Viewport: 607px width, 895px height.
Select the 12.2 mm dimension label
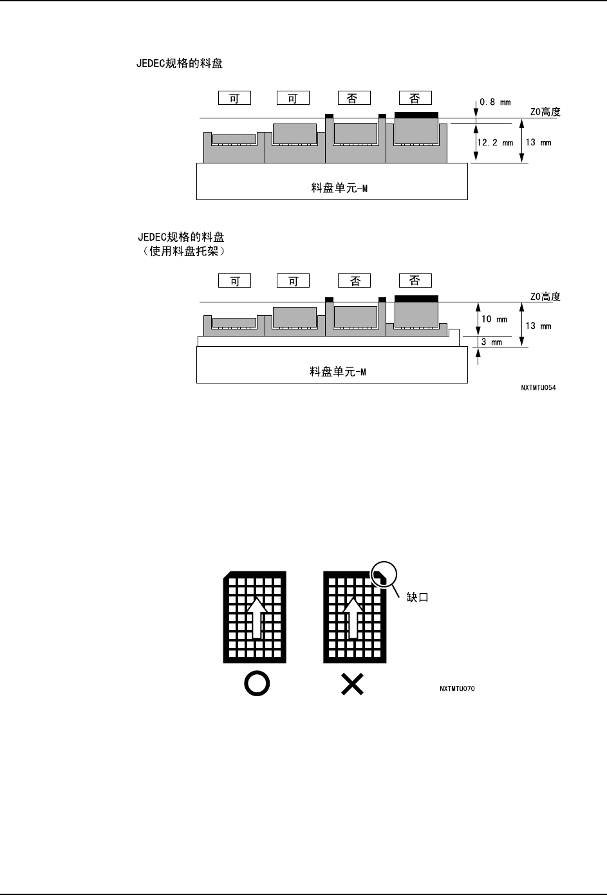pyautogui.click(x=493, y=142)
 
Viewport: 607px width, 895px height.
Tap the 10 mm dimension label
pyautogui.click(x=494, y=319)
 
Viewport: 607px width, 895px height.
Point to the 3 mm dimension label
pyautogui.click(x=492, y=342)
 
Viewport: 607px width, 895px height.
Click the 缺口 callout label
pyautogui.click(x=417, y=597)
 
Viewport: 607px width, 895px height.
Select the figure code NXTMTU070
pyautogui.click(x=458, y=688)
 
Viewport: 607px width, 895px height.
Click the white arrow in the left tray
pyautogui.click(x=256, y=617)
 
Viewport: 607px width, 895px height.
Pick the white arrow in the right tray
pyautogui.click(x=352, y=617)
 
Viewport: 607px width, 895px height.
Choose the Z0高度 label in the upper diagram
pyautogui.click(x=545, y=112)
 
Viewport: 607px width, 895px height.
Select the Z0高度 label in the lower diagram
pyautogui.click(x=545, y=297)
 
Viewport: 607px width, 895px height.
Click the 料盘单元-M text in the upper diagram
pyautogui.click(x=339, y=189)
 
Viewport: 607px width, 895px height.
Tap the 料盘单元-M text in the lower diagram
pyautogui.click(x=339, y=372)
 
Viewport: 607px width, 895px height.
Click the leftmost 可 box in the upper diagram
pyautogui.click(x=234, y=98)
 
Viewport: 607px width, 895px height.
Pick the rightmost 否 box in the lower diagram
pyautogui.click(x=415, y=281)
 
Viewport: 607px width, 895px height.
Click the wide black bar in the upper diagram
pyautogui.click(x=416, y=115)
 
